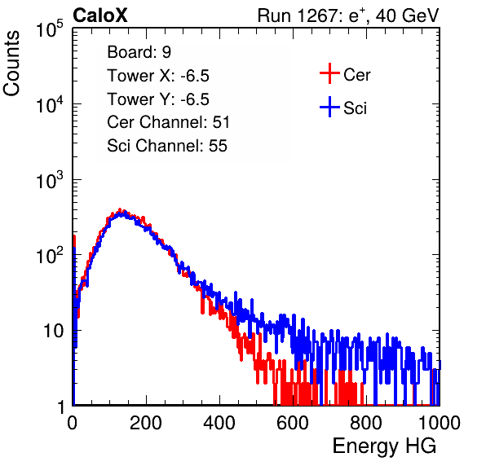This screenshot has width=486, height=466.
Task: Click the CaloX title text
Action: point(100,15)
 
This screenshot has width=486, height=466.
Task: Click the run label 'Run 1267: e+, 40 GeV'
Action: point(348,15)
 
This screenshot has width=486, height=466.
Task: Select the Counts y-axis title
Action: point(11,64)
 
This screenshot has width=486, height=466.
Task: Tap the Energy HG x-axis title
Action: point(384,446)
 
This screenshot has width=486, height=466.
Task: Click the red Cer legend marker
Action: point(329,73)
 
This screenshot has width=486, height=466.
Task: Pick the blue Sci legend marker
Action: point(329,107)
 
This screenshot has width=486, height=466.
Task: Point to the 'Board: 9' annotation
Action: point(139,52)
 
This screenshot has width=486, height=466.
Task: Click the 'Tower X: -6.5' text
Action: point(158,76)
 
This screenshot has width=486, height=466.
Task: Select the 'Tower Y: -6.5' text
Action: point(158,99)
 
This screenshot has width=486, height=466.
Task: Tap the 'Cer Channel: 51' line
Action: point(168,122)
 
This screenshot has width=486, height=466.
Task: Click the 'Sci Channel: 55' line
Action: point(167,146)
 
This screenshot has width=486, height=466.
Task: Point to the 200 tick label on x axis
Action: point(146,423)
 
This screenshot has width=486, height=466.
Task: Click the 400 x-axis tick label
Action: point(219,423)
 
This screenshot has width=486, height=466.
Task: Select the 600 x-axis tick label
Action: point(293,423)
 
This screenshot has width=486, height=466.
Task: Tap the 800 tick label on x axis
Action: point(366,423)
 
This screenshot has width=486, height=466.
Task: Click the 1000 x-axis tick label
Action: point(440,423)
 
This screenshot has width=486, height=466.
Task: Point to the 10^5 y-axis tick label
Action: point(50,29)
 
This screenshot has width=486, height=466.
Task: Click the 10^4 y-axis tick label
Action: point(50,104)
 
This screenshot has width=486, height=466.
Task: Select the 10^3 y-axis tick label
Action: point(50,180)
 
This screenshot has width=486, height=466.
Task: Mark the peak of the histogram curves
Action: point(120,210)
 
